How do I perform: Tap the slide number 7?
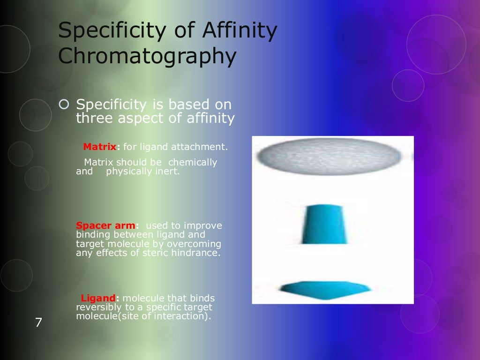38,322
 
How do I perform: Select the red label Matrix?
99,147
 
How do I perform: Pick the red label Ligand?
98,298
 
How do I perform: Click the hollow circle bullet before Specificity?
65,104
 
